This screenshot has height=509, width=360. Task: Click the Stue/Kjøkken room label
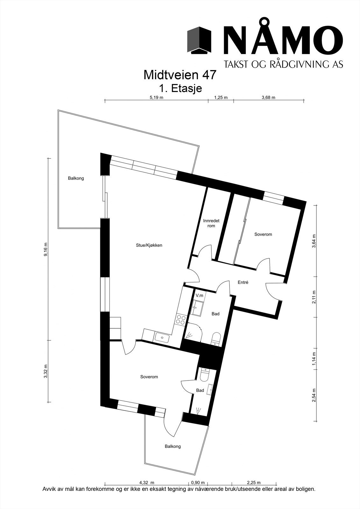149,245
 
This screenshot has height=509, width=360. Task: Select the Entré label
243,282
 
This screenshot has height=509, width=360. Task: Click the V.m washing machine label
199,296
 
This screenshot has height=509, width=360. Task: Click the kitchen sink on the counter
162,337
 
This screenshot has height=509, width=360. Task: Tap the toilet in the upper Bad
216,338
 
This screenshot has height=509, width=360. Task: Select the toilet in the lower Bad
204,375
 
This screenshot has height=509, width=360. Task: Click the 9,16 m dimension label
46,249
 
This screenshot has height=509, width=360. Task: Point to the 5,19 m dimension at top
156,98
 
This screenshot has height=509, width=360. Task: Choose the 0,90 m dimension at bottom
198,483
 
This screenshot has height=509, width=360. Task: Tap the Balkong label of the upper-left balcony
76,178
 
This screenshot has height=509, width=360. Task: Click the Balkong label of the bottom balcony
173,446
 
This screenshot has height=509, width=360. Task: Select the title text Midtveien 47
180,75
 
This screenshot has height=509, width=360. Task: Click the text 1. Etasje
180,88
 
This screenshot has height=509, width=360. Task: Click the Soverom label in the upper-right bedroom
263,234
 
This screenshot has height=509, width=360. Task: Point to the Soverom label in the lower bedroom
149,377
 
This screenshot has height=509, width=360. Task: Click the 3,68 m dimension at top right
268,98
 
